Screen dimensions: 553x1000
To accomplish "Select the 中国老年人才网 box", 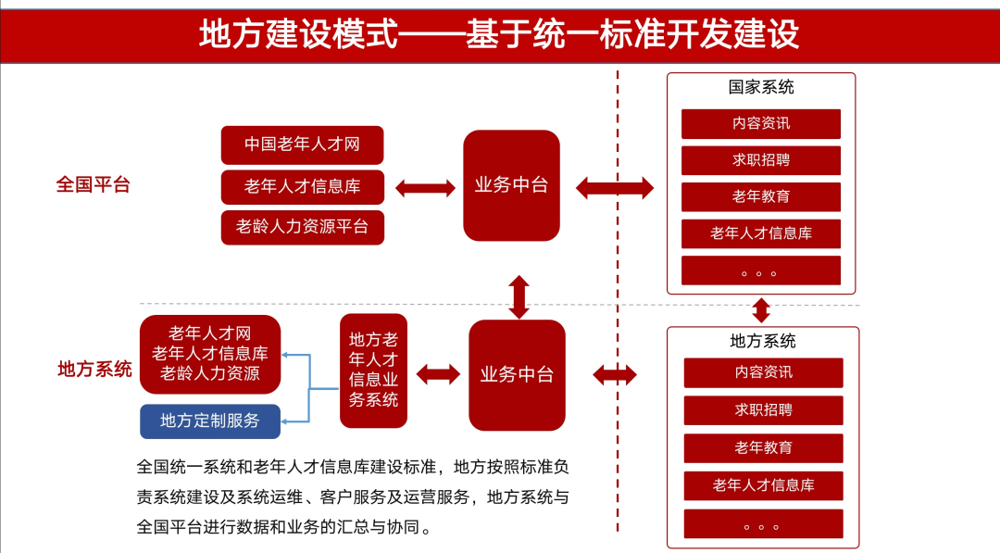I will [x=302, y=145].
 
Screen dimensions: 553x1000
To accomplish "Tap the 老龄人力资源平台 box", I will [x=302, y=227].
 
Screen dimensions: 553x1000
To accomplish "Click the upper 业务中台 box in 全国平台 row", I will [x=511, y=185].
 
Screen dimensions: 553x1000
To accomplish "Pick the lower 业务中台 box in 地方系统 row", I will [x=517, y=375].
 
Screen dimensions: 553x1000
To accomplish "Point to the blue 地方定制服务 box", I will [x=210, y=421].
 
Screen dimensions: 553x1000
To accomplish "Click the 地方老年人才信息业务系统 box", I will [x=373, y=371].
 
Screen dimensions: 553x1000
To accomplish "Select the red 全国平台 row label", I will [x=93, y=184].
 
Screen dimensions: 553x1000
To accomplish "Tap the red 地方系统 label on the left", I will [x=94, y=370].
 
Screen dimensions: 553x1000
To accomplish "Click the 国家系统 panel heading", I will [x=761, y=88].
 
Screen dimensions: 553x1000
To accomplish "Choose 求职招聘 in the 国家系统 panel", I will [x=761, y=160].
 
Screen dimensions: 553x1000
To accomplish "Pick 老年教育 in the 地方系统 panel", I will [x=763, y=448].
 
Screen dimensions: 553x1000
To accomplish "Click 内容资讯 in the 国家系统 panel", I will [x=761, y=123].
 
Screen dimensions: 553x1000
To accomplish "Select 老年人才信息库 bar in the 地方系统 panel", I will [x=763, y=485].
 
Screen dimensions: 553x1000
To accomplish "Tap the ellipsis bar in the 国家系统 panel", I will [x=761, y=270].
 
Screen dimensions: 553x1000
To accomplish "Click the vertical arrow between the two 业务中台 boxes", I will [x=519, y=296].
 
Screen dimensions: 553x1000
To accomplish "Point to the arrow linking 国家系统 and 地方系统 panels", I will [x=761, y=309].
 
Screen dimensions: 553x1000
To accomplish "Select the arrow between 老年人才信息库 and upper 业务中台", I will [x=425, y=188].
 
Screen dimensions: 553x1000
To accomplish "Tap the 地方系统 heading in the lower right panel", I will [x=763, y=341].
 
